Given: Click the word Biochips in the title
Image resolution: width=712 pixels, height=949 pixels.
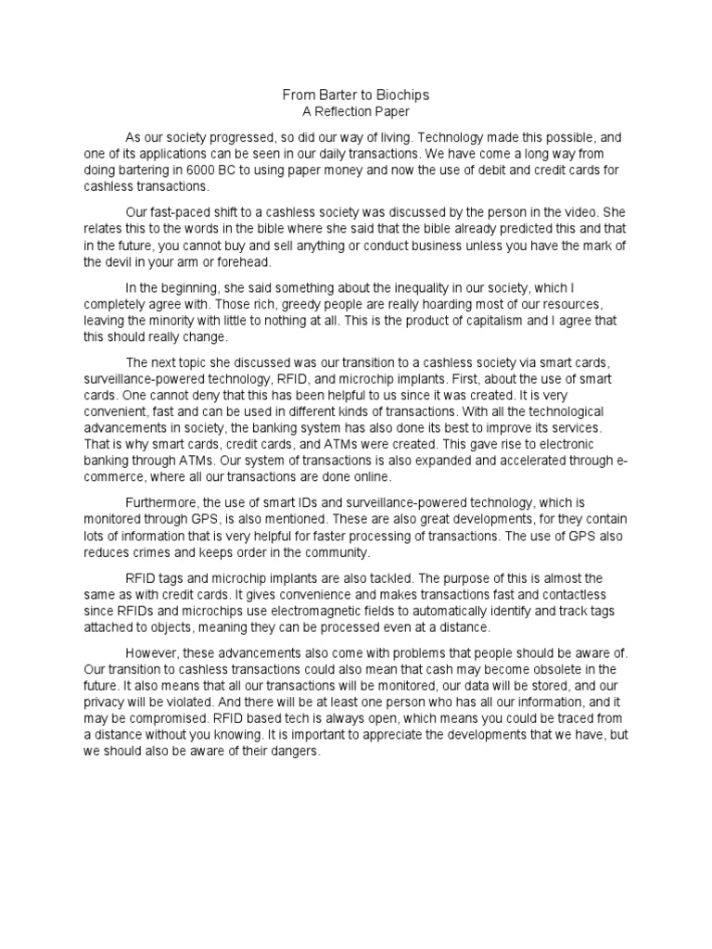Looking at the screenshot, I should [x=401, y=95].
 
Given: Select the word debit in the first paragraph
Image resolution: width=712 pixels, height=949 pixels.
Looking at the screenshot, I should [x=490, y=171].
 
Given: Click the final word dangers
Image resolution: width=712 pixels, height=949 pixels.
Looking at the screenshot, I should [x=291, y=753].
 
